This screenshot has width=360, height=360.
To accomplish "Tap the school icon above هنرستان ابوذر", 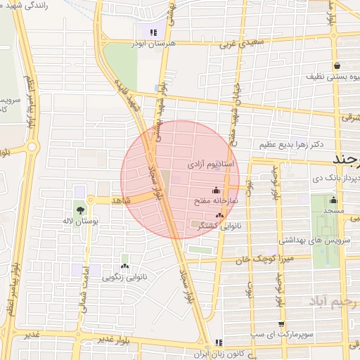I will click(x=153, y=32).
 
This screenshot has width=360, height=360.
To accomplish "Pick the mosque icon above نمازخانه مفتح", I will click(x=215, y=191).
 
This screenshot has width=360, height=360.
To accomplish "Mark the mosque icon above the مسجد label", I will click(x=333, y=200).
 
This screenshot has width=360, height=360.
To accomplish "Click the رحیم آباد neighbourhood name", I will click(x=333, y=302).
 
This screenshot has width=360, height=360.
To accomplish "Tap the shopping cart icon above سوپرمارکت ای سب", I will click(x=282, y=324).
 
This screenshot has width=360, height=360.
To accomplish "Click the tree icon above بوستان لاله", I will click(x=79, y=210).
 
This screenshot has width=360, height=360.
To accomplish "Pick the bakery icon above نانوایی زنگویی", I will click(x=125, y=266).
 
